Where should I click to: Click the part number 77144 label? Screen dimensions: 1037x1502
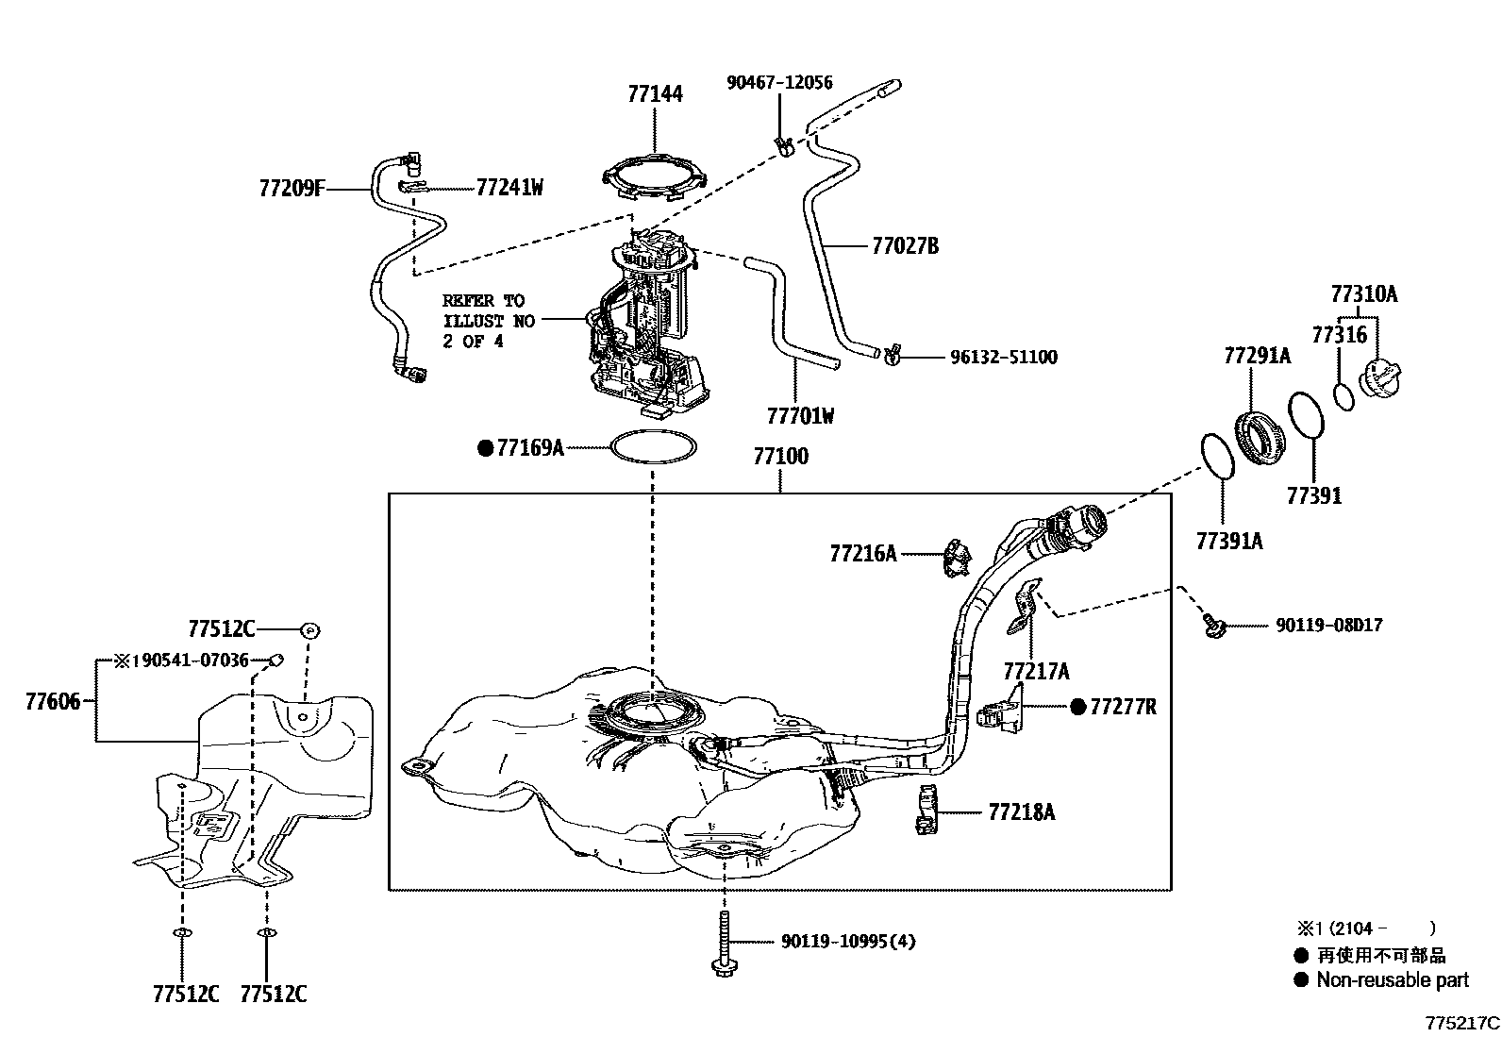pos(655,93)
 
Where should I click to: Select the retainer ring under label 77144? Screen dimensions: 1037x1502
pos(655,179)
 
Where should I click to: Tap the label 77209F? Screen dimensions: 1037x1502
pos(292,189)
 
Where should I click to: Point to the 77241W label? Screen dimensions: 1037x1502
pos(509,188)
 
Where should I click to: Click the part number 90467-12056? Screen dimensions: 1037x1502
pos(779,83)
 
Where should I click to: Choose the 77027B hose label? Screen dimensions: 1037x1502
pos(905,246)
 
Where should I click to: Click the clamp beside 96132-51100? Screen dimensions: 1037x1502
pos(891,356)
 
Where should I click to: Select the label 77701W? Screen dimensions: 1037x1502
pos(800,415)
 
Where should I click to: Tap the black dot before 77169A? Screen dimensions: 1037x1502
pos(486,448)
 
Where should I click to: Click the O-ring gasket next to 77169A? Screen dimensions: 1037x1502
pos(655,447)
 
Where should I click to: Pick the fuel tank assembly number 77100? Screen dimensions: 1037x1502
pos(780,457)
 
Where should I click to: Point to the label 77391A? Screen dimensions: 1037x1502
pos(1228,541)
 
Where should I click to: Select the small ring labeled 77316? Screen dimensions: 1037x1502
pos(1344,394)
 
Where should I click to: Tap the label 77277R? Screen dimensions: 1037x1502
pos(1123,706)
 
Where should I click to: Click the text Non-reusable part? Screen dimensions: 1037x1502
pos(1393,980)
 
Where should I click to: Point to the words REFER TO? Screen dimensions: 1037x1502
pos(483,301)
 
